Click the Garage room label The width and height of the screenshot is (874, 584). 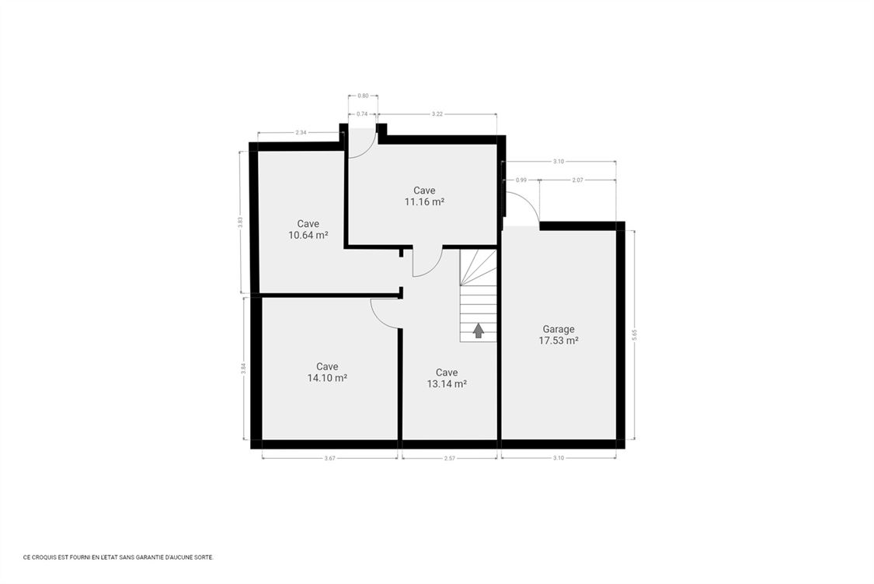pos(559,329)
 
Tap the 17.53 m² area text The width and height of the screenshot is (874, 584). pos(559,341)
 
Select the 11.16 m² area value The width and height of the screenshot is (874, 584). pos(424,202)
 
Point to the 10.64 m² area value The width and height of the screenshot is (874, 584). pos(308,236)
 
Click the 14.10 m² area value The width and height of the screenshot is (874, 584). pos(327,378)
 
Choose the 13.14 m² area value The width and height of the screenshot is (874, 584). pos(447,383)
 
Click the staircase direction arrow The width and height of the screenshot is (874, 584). pos(479,331)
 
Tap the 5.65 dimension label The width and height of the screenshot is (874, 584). pos(634,334)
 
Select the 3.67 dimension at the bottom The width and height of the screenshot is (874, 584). pos(330,458)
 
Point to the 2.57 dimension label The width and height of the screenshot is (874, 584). pos(449,458)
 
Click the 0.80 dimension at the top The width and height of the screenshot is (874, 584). pos(363,96)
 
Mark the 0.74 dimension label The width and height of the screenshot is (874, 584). pos(362,114)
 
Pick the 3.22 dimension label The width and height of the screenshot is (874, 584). pos(437,114)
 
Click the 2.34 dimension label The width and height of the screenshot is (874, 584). pos(301,132)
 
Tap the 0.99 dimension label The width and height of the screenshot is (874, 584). pos(521,180)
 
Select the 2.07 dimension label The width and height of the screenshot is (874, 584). pos(577,180)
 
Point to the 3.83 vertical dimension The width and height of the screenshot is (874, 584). pos(240,222)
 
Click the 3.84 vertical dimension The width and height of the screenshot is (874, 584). pos(244,369)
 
